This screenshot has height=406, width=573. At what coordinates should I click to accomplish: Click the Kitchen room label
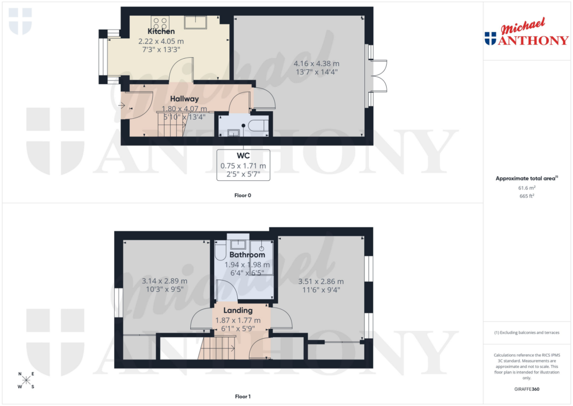coord(161,31)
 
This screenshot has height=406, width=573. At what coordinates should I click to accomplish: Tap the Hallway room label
coord(185,99)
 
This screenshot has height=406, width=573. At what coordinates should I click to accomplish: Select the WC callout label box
coord(243,165)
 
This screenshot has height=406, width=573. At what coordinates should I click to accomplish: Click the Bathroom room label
coord(247,255)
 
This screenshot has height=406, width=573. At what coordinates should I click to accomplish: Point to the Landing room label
coord(238,310)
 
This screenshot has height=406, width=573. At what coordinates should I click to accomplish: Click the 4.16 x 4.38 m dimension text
coord(316,63)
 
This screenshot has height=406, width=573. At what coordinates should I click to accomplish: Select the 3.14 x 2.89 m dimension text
coord(164,281)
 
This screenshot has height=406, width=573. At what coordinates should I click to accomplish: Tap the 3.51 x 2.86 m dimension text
coord(321,281)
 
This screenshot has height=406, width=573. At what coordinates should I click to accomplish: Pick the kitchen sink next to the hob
coord(196,22)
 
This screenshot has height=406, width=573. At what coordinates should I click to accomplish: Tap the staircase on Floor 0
coord(171,125)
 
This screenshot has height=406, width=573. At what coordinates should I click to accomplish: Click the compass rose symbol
coord(26,380)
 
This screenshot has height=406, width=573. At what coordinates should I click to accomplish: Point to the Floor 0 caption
coord(243,196)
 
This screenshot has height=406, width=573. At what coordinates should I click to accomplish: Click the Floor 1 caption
coord(243,397)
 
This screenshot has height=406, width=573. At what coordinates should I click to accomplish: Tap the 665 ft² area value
coord(527,197)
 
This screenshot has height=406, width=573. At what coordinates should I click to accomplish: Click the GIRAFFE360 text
coord(527,389)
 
